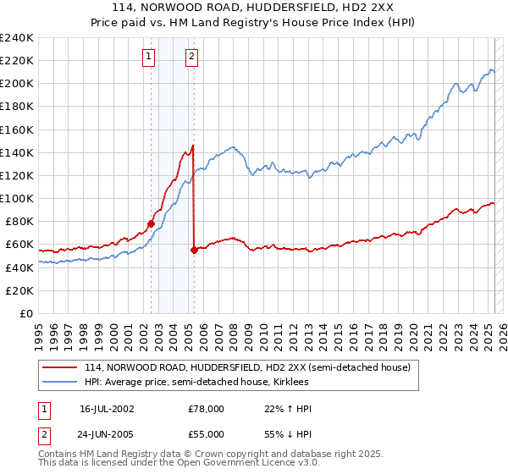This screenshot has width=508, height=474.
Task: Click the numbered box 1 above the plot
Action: pyautogui.click(x=149, y=57)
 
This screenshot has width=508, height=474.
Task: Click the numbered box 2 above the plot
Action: pyautogui.click(x=192, y=57)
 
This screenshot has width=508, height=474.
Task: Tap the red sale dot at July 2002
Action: pyautogui.click(x=152, y=224)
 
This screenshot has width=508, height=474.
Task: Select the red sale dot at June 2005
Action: pyautogui.click(x=194, y=250)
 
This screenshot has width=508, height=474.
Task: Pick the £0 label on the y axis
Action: pyautogui.click(x=25, y=313)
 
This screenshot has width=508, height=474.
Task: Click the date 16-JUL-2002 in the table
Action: pyautogui.click(x=108, y=409)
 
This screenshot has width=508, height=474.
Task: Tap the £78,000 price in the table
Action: pyautogui.click(x=206, y=409)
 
